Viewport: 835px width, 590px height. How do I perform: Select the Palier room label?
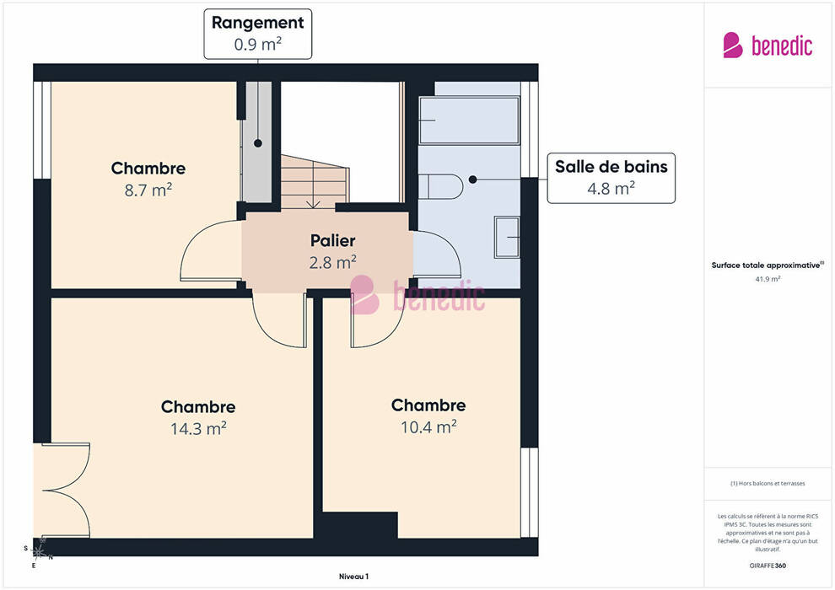pyautogui.click(x=333, y=240)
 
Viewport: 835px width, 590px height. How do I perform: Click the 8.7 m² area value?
pyautogui.click(x=148, y=190)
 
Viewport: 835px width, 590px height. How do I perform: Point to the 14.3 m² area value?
pyautogui.click(x=198, y=428)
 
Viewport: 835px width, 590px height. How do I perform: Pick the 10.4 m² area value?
pyautogui.click(x=428, y=426)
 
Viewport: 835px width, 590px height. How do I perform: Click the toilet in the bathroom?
pyautogui.click(x=440, y=186)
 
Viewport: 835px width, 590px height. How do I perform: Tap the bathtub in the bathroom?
pyautogui.click(x=469, y=121)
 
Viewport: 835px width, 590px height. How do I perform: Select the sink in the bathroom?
pyautogui.click(x=507, y=238)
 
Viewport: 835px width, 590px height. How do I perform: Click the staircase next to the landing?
pyautogui.click(x=315, y=181)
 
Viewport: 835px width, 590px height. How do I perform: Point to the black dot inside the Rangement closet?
pyautogui.click(x=258, y=143)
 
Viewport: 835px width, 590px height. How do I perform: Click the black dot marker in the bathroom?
pyautogui.click(x=473, y=180)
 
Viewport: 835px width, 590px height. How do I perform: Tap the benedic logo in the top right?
pyautogui.click(x=768, y=45)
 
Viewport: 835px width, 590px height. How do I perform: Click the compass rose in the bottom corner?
pyautogui.click(x=39, y=552)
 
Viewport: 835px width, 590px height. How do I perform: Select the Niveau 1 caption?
pyautogui.click(x=353, y=577)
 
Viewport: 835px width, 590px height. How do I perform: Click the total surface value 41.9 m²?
pyautogui.click(x=768, y=279)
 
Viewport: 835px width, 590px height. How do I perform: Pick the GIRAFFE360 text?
pyautogui.click(x=768, y=566)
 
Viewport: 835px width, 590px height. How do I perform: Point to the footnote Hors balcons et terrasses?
pyautogui.click(x=768, y=484)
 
